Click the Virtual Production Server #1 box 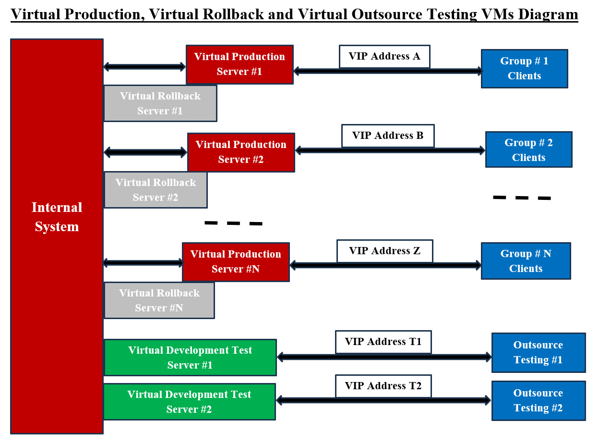(239, 64)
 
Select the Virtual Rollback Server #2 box (156, 190)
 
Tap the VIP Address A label (384, 57)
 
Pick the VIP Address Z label (384, 251)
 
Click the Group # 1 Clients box (524, 69)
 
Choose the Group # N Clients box (526, 261)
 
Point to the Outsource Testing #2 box (538, 401)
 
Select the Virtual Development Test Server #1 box (190, 358)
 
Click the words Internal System (57, 217)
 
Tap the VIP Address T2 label (383, 386)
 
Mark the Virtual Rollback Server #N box (159, 300)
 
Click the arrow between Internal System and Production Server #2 (145, 152)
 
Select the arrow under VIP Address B (390, 150)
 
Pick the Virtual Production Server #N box (235, 262)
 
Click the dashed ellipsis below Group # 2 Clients (522, 198)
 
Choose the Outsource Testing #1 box (538, 353)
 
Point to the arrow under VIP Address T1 (384, 357)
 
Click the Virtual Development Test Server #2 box (189, 402)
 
